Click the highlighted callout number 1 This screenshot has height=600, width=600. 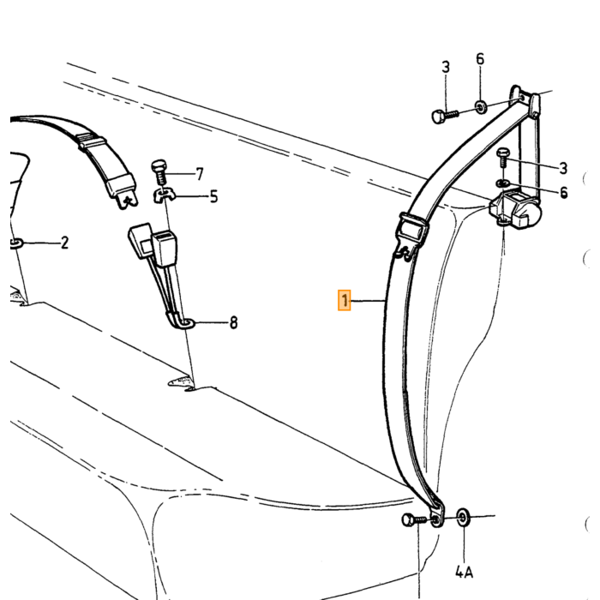[x=344, y=300]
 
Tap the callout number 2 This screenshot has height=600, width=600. [x=64, y=243]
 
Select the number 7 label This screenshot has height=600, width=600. [x=200, y=174]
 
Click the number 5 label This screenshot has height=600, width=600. [x=213, y=196]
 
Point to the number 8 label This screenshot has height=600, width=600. [x=233, y=322]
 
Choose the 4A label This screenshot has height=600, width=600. [x=465, y=573]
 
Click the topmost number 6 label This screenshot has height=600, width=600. [x=480, y=59]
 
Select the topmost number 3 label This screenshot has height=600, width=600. [x=446, y=67]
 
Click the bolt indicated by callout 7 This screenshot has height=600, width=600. [x=159, y=172]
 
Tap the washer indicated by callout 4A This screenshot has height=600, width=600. [x=463, y=518]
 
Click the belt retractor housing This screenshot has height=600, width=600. [x=515, y=210]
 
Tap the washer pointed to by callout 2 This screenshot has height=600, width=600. [x=15, y=243]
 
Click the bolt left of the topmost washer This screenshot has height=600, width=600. [x=445, y=115]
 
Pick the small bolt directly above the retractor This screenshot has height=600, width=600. [x=502, y=157]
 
